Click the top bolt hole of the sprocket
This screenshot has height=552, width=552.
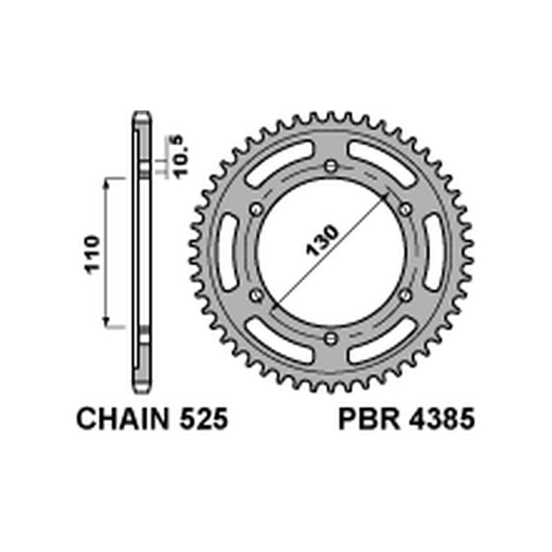click(x=331, y=166)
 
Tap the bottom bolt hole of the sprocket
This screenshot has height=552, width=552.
click(x=331, y=337)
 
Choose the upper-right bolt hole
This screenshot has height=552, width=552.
click(x=405, y=208)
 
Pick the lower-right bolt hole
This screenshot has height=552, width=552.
click(x=405, y=295)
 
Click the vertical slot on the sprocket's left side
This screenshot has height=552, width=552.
click(x=226, y=252)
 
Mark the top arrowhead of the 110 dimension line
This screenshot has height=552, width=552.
click(x=106, y=181)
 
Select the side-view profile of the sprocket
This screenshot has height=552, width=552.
click(x=141, y=252)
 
